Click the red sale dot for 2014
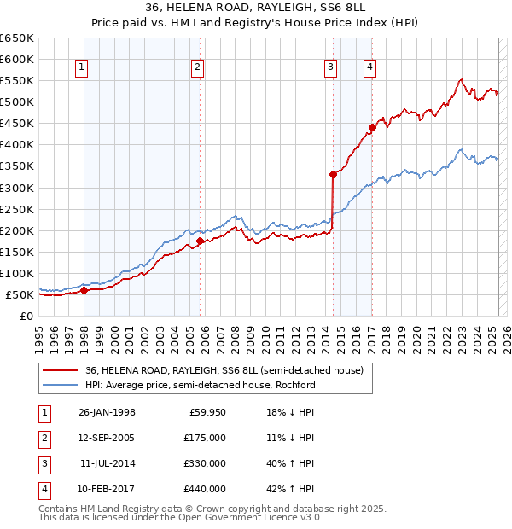click(333, 174)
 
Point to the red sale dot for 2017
click(372, 128)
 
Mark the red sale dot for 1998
click(84, 290)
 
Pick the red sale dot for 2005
click(200, 241)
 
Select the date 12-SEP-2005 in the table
click(107, 438)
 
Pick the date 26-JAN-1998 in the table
click(107, 412)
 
